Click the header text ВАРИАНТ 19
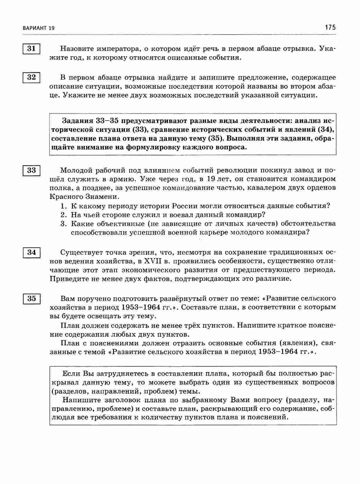tap(38, 28)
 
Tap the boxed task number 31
tap(31, 49)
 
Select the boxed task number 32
tap(31, 78)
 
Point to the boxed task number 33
tap(31, 170)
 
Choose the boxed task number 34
tap(31, 252)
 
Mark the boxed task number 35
tap(31, 298)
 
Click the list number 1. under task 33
tap(64, 206)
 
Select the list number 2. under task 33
tap(64, 214)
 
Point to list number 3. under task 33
tap(64, 224)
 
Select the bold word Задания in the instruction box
tap(77, 120)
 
